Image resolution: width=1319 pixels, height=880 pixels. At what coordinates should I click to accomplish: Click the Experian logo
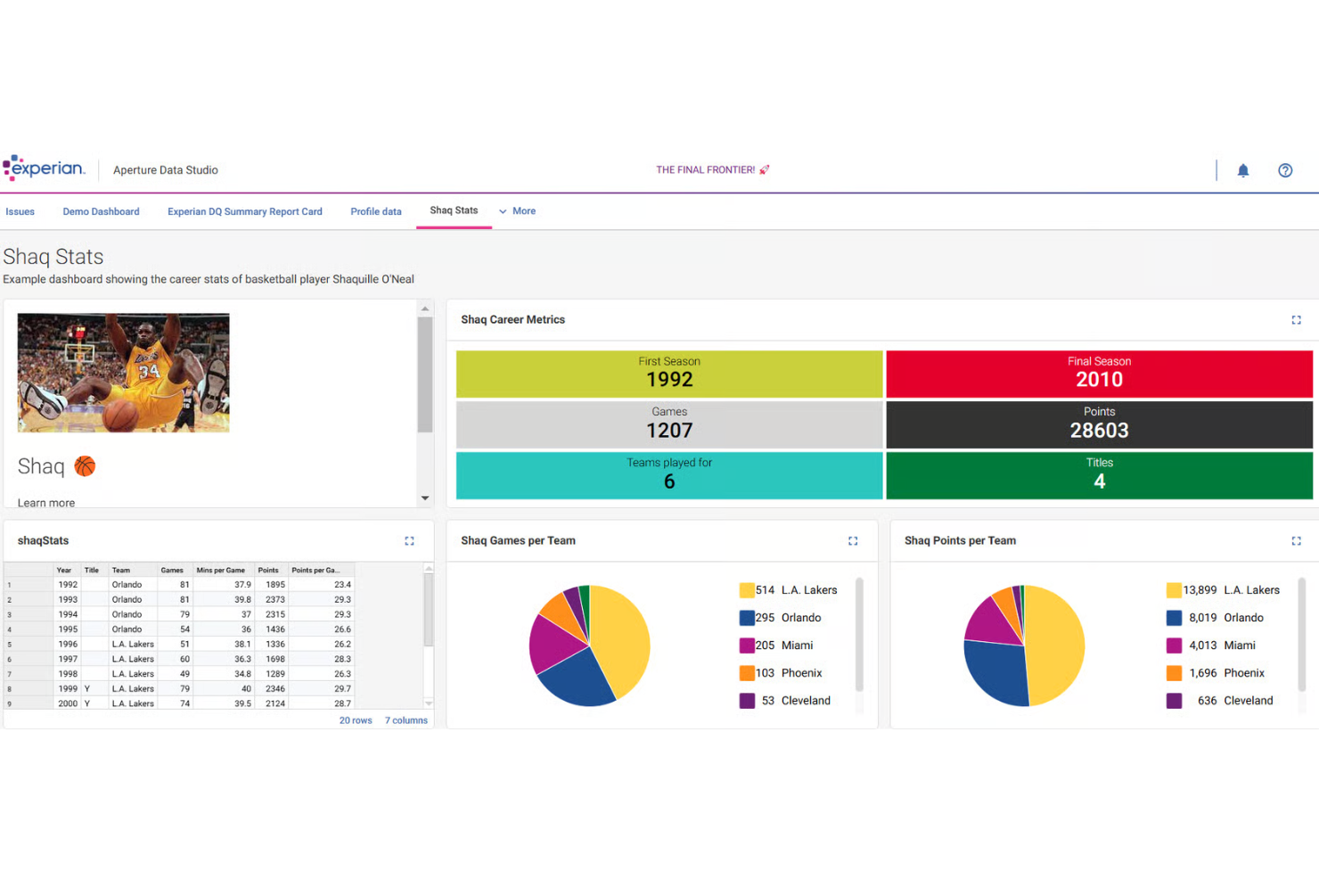(x=45, y=169)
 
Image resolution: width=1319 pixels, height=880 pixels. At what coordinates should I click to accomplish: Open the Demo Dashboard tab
(x=101, y=212)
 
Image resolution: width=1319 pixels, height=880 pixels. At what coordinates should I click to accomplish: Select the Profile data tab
(x=375, y=212)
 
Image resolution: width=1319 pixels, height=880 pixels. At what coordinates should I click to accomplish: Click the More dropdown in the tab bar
(x=518, y=211)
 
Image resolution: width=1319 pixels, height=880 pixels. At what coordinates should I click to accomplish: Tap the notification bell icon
(x=1242, y=170)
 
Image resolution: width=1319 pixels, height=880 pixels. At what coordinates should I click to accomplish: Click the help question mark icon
(x=1284, y=170)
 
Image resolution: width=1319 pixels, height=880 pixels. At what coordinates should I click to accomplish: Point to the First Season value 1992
(x=669, y=380)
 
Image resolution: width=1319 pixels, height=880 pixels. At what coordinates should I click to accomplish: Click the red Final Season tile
(x=1098, y=374)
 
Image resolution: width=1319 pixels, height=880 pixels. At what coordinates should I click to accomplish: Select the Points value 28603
(x=1099, y=431)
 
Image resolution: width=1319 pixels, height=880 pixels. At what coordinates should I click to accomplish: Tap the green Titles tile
(x=1098, y=475)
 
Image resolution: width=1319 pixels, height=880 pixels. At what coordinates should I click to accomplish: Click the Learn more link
(x=46, y=503)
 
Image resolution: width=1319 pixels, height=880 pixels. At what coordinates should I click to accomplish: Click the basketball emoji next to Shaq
(x=85, y=466)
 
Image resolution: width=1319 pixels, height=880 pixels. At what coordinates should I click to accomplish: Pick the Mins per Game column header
(x=220, y=571)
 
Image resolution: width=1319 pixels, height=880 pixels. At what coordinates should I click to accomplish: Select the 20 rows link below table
(x=355, y=720)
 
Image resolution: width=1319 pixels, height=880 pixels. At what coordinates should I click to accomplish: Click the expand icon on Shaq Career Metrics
(x=1296, y=320)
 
